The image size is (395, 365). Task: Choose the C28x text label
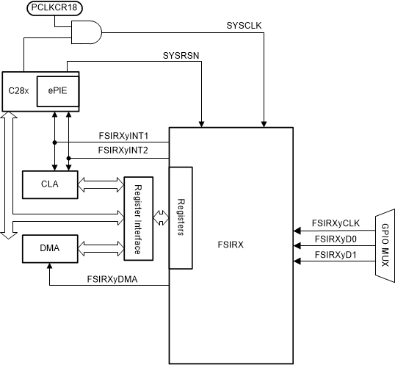18,92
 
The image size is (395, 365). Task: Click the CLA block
49,184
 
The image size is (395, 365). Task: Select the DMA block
49,249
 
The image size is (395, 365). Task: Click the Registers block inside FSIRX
181,217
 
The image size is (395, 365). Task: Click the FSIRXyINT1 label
124,135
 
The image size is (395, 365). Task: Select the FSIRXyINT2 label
124,151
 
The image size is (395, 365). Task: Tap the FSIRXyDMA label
113,278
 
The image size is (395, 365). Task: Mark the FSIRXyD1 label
335,254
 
